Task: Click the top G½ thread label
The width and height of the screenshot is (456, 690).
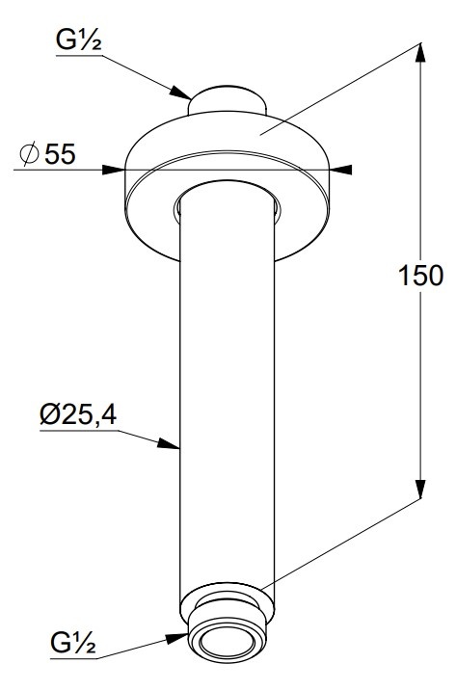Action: point(79,40)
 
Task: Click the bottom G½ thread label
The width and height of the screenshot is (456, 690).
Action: point(73,643)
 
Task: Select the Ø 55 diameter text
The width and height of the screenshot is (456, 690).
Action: point(48,153)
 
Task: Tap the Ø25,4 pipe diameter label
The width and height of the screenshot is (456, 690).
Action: point(78,414)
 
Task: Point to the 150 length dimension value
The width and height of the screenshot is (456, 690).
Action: point(420,276)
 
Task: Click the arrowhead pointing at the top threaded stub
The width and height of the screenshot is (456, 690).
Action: point(180,93)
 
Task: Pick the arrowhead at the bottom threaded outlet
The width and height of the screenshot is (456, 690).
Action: point(177,639)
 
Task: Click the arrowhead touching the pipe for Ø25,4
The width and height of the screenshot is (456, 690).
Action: point(169,443)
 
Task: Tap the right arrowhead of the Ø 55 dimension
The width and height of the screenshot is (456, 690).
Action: point(340,170)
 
